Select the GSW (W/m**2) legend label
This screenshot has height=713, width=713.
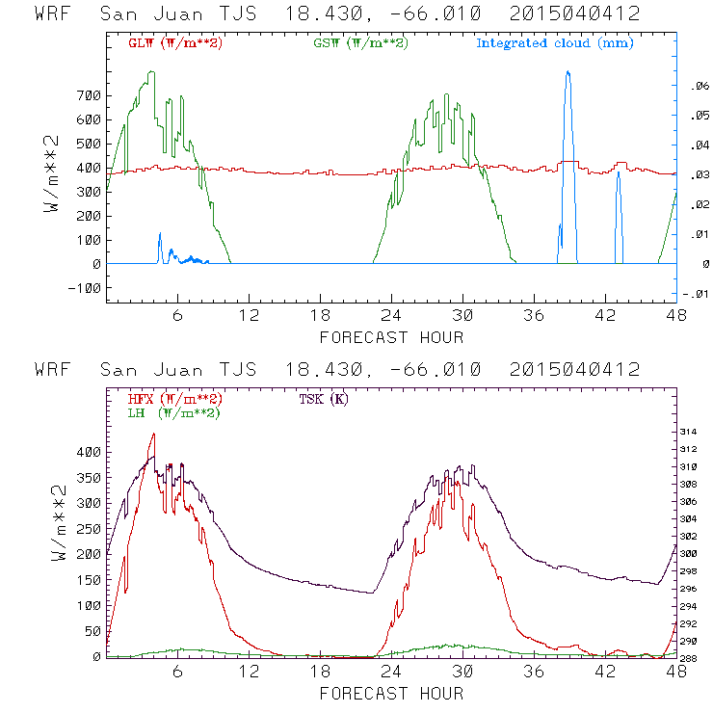coord(360,42)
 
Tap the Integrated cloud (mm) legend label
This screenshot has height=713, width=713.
coord(555,42)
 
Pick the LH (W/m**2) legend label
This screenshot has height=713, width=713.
coord(173,412)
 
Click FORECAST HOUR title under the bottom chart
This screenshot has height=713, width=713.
coord(391,694)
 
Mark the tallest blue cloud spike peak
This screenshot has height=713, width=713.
coord(568,72)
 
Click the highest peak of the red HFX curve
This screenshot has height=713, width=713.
coord(152,434)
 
